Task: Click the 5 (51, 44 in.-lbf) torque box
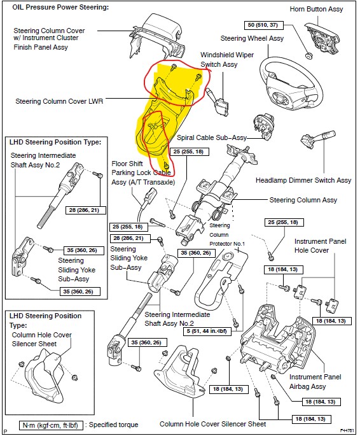pyautogui.click(x=207, y=331)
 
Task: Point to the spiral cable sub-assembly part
pyautogui.click(x=264, y=125)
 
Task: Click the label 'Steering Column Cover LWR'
pyautogui.click(x=59, y=101)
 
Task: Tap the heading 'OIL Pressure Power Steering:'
pyautogui.click(x=60, y=7)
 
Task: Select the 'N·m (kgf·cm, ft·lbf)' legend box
pyautogui.click(x=51, y=425)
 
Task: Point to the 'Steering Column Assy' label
pyautogui.click(x=303, y=200)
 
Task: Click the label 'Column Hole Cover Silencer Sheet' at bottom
pyautogui.click(x=213, y=424)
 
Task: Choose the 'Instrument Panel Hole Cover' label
pyautogui.click(x=321, y=246)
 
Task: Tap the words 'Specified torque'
pyautogui.click(x=113, y=425)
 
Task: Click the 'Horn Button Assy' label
pyautogui.click(x=316, y=9)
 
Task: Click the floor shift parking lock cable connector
pyautogui.click(x=149, y=194)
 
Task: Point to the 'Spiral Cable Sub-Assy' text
pyautogui.click(x=212, y=137)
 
